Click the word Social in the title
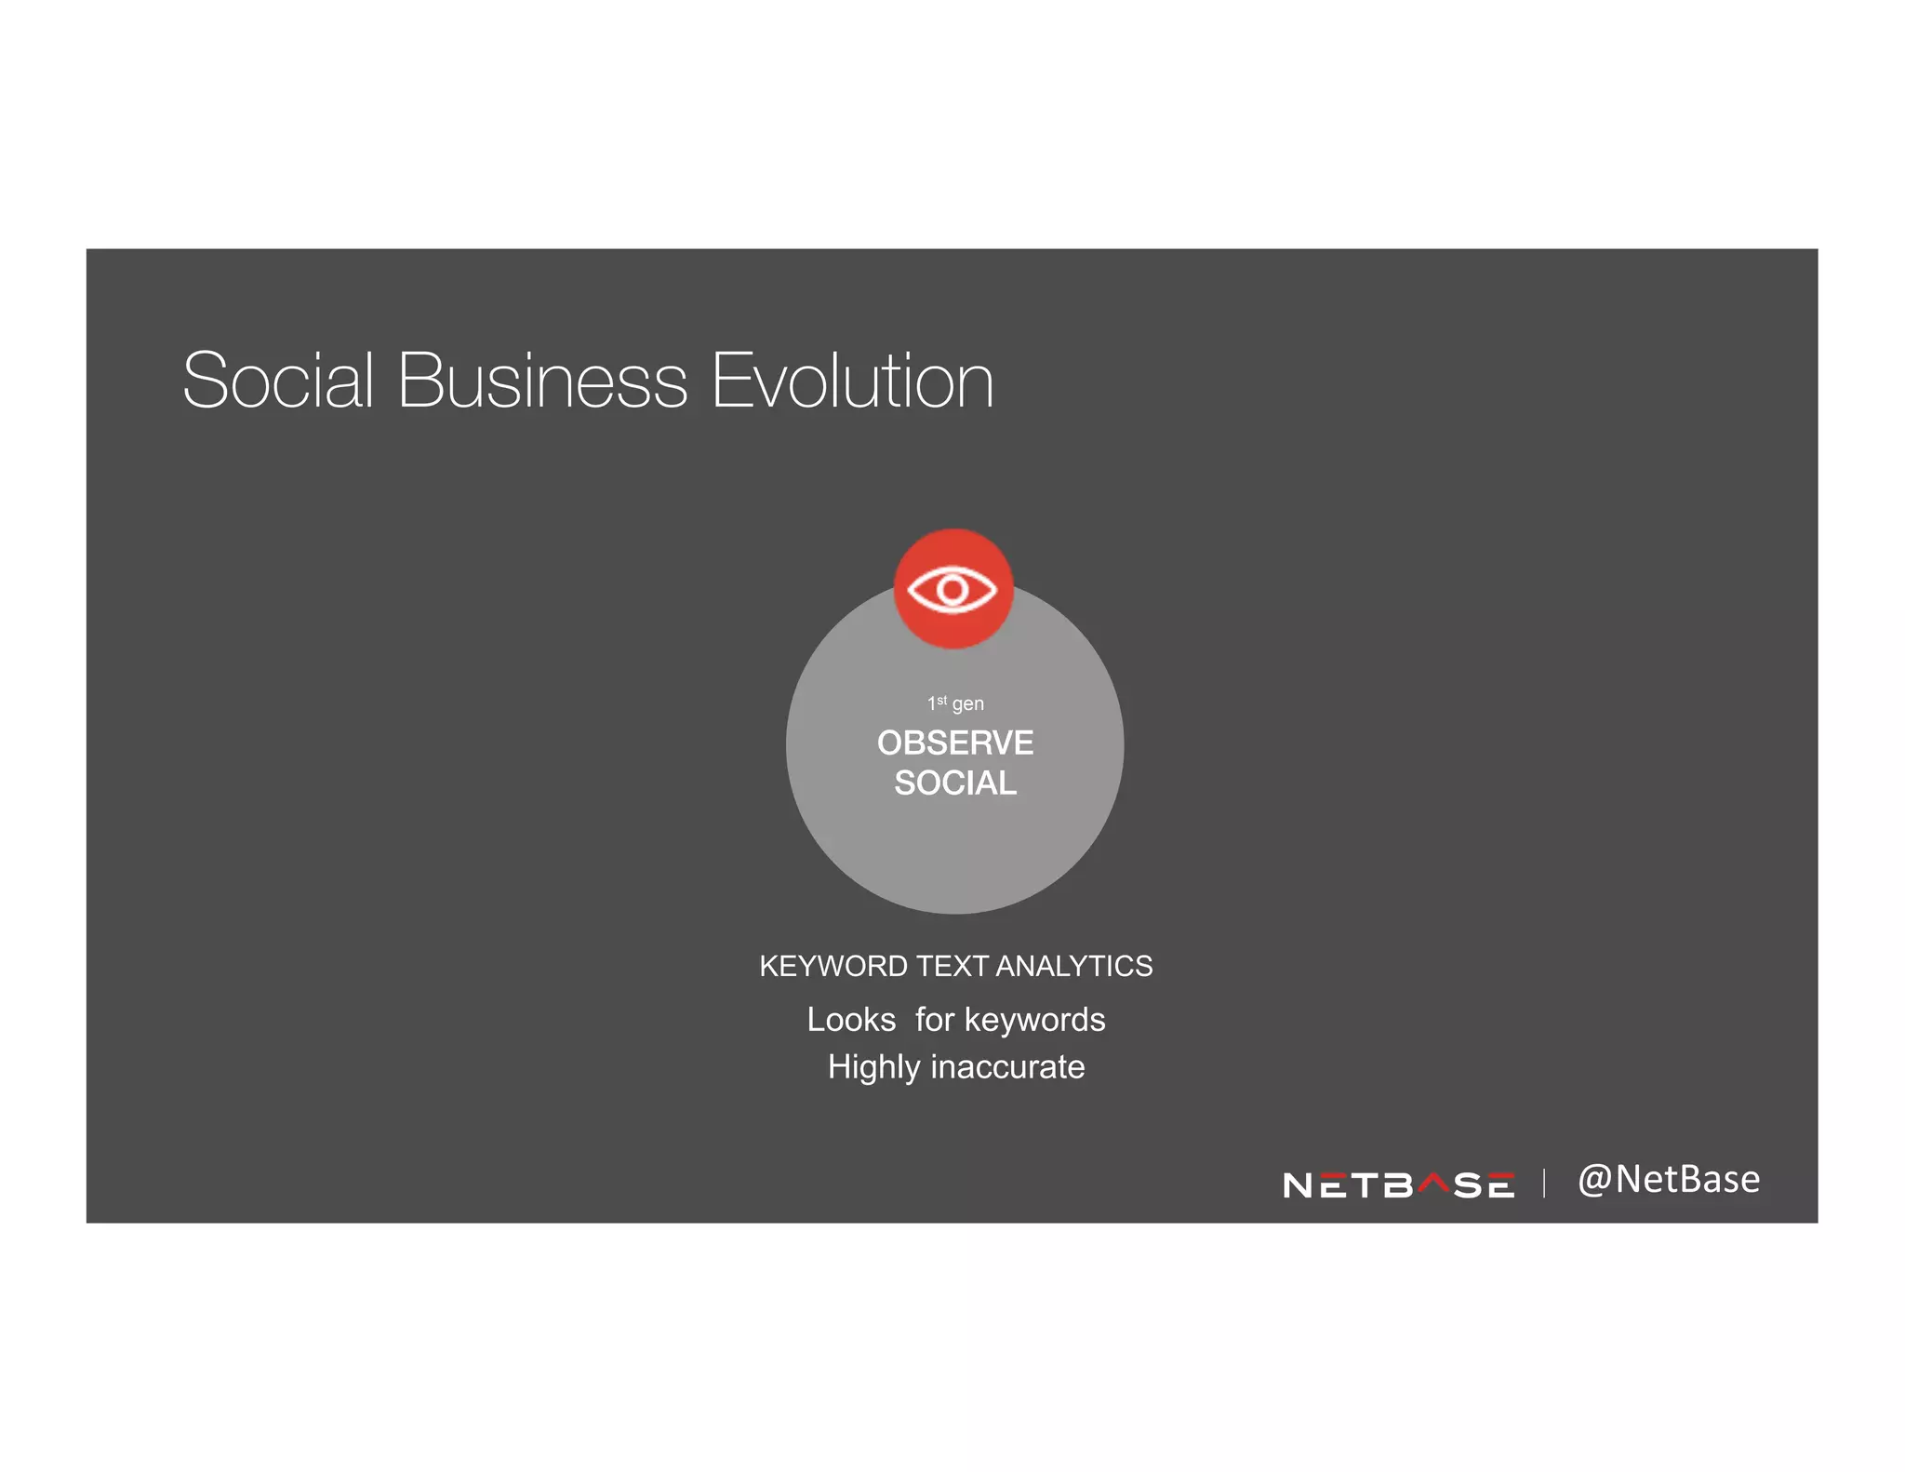[277, 381]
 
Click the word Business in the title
[542, 381]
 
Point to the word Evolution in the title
[852, 381]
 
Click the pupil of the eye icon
[952, 589]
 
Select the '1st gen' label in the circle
[955, 703]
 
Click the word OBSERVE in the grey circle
[955, 743]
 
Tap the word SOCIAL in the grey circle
[955, 783]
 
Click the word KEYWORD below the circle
[833, 967]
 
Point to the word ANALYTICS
[1074, 967]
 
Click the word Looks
[851, 1020]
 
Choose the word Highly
[873, 1066]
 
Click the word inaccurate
[1007, 1066]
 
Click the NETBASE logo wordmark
[1398, 1184]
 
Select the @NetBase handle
[1669, 1179]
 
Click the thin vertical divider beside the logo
[1544, 1183]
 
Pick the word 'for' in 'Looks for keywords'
[935, 1020]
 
